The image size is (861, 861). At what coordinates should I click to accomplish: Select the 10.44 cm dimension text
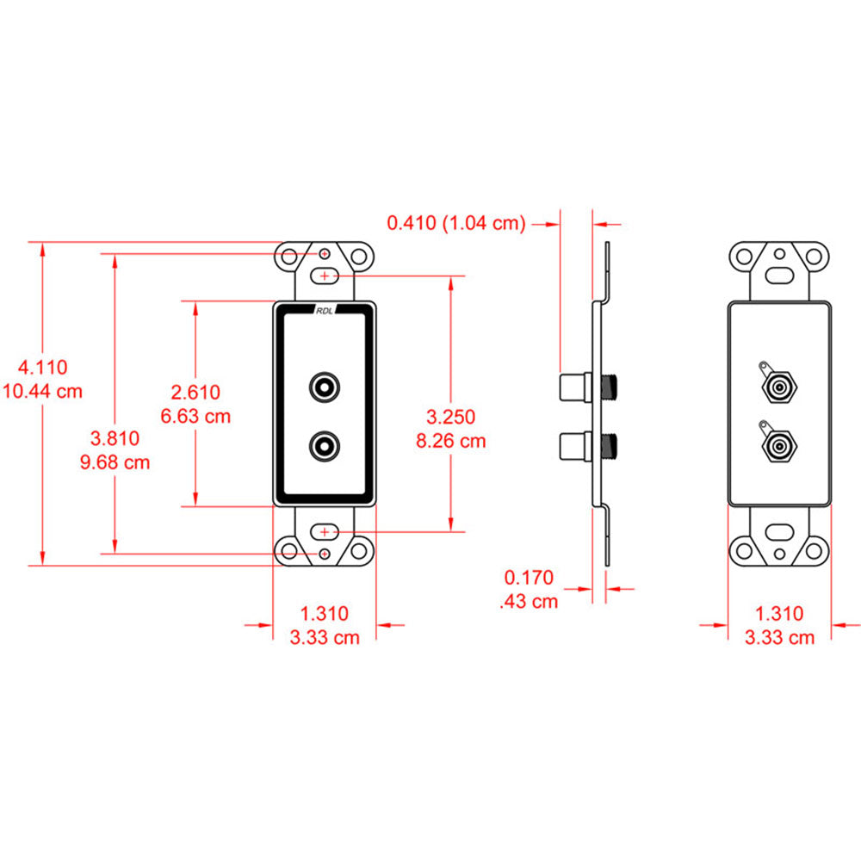point(43,391)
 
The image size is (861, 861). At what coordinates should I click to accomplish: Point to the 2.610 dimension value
point(195,393)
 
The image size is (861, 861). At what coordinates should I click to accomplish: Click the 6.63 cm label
point(195,417)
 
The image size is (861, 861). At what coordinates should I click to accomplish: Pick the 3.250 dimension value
point(450,417)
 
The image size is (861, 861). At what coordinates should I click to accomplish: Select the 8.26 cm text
point(450,441)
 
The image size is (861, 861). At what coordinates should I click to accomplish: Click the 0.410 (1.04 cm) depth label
point(455,224)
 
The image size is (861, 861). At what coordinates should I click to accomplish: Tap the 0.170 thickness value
point(530,578)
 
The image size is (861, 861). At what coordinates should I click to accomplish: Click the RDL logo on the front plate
point(325,313)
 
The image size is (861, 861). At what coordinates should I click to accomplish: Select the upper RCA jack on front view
point(325,386)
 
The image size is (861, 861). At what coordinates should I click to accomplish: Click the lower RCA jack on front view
point(325,445)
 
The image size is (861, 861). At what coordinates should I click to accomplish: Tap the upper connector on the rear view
point(778,388)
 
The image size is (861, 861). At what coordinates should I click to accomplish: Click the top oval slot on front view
point(325,276)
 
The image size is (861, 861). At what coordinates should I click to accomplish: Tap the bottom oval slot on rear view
point(779,530)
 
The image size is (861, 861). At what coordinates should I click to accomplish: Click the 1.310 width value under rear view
point(778,613)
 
